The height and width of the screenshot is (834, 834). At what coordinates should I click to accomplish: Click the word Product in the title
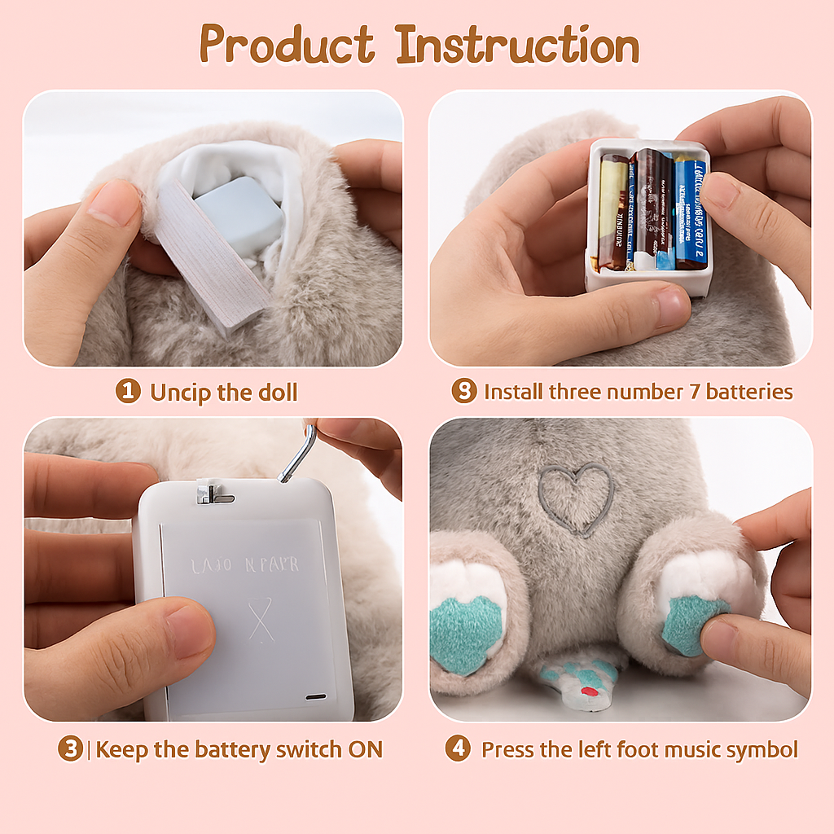(x=287, y=45)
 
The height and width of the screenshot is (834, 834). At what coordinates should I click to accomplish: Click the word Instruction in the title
(x=518, y=45)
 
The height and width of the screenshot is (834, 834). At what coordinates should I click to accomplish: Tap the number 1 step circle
(x=127, y=392)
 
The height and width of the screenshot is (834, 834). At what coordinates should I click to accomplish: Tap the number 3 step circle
(x=70, y=749)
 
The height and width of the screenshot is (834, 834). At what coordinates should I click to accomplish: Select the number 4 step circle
(x=458, y=749)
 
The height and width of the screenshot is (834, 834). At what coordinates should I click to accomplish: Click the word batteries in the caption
(x=748, y=392)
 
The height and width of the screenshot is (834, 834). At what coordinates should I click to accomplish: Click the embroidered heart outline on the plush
(x=577, y=498)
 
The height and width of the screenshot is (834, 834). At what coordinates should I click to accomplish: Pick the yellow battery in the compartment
(x=613, y=213)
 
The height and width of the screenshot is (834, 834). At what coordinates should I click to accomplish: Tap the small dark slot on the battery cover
(x=316, y=697)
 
